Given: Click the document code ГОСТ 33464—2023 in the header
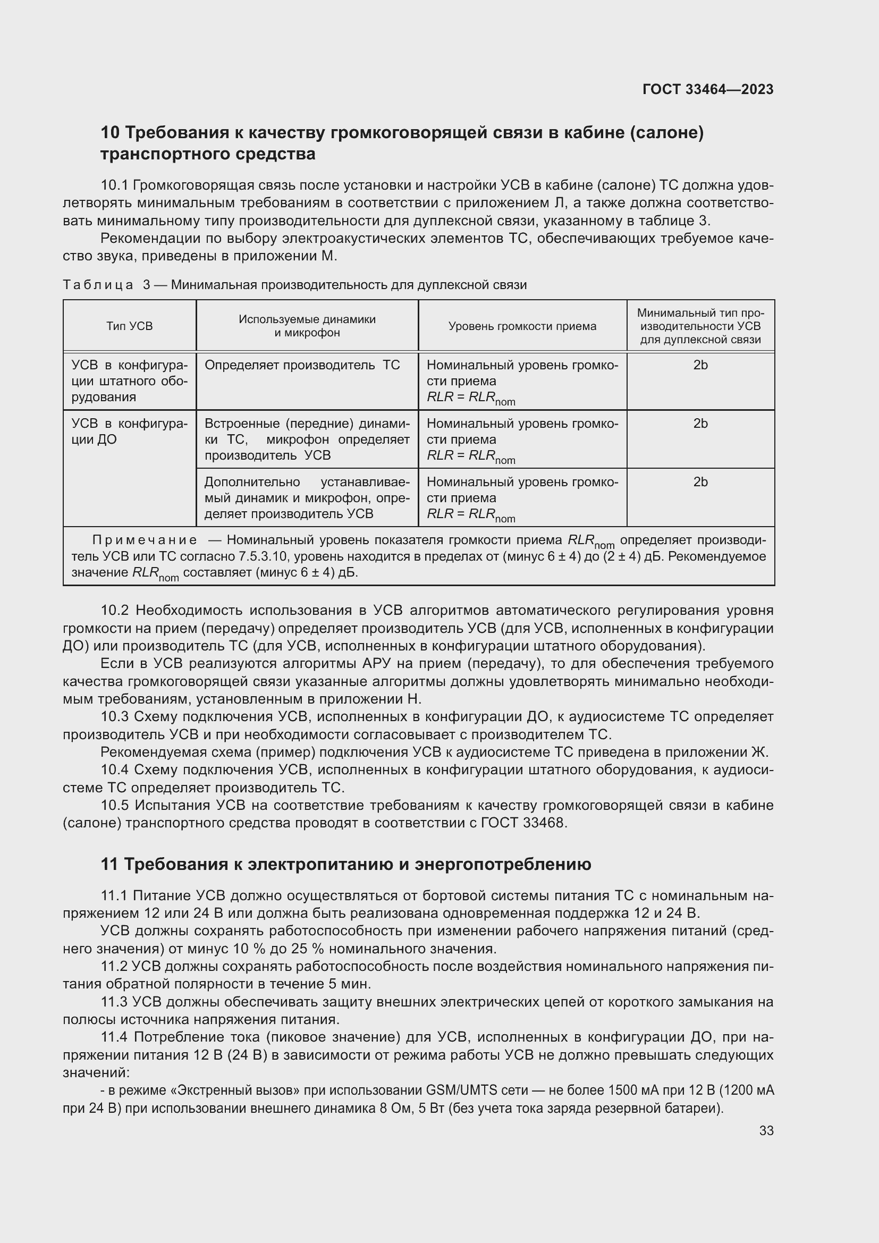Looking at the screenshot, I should [707, 89].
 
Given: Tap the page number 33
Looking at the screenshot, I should [766, 1130].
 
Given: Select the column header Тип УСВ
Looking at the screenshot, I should [129, 326].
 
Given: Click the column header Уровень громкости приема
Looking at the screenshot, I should [522, 326].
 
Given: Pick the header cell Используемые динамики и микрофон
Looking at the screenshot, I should [307, 326].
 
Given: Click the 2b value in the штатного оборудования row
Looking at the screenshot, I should [700, 365].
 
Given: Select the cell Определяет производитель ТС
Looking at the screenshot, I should [302, 365].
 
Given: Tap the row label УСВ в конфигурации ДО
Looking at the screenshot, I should [129, 431].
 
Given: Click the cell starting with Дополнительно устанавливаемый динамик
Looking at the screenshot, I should [307, 497].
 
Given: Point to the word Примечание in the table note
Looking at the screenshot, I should [145, 540].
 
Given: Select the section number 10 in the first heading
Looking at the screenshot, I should [111, 133].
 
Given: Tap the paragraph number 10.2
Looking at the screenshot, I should [115, 611].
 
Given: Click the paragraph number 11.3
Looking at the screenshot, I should [114, 1002].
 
